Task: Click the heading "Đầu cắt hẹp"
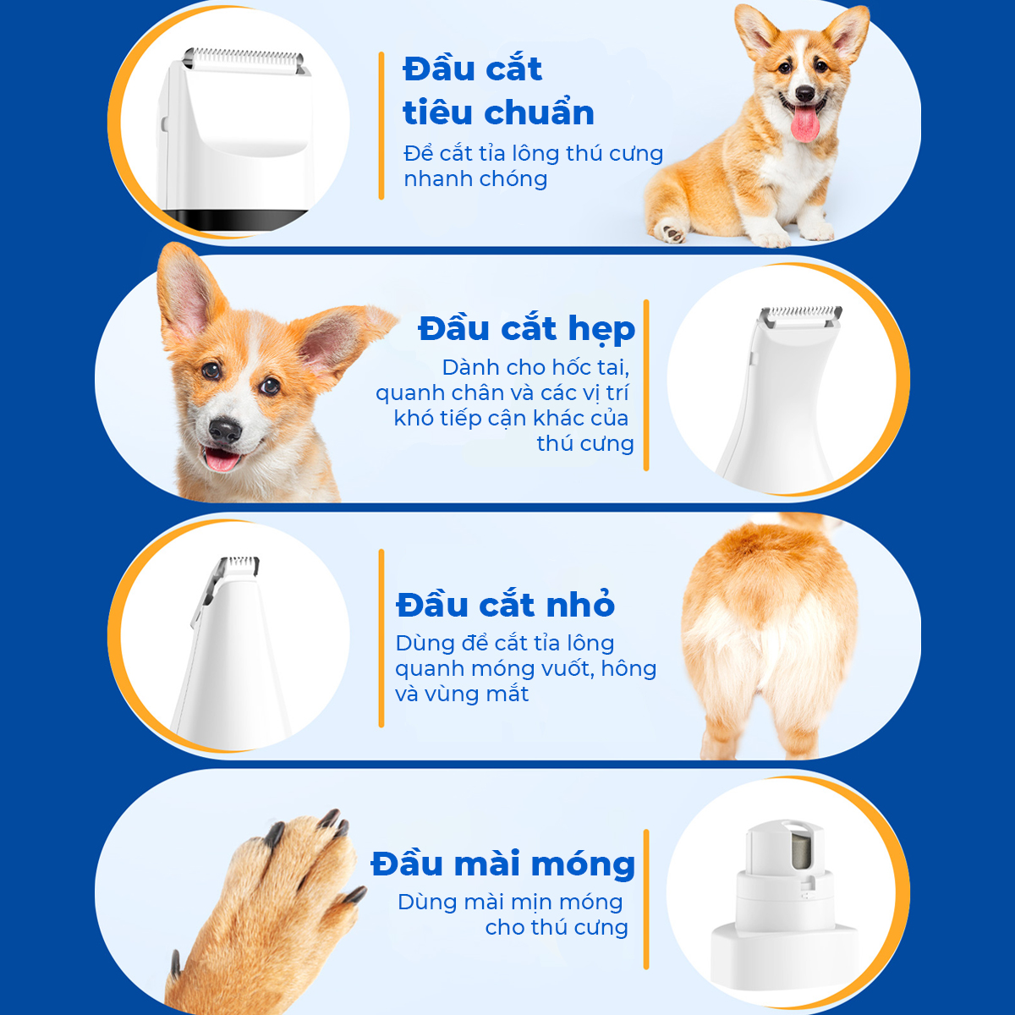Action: click(527, 329)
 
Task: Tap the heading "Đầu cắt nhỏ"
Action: click(505, 604)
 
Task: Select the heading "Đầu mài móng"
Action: click(503, 865)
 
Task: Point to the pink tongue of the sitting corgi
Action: click(804, 125)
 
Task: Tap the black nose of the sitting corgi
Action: click(805, 93)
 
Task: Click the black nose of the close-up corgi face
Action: click(225, 430)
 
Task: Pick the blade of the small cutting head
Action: click(239, 565)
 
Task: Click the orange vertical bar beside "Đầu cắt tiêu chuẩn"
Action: click(381, 125)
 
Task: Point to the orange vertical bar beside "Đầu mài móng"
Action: click(646, 899)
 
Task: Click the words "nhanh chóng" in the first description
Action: click(475, 179)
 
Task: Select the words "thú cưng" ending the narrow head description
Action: click(584, 443)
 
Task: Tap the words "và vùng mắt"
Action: click(462, 694)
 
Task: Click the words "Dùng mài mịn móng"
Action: click(510, 902)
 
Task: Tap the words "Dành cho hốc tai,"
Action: click(535, 368)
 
